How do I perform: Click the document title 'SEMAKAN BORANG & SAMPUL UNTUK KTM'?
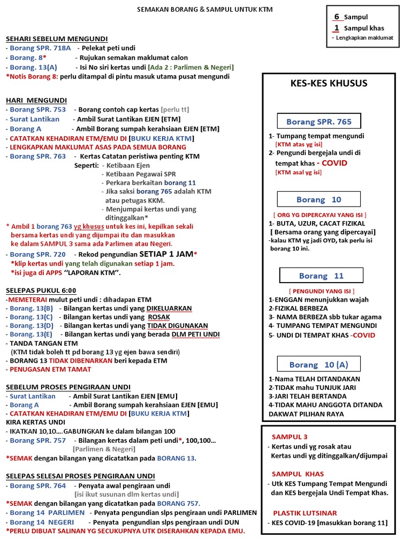coord(205,10)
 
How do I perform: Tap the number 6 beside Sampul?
coord(337,17)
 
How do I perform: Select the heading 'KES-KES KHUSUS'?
coord(329,83)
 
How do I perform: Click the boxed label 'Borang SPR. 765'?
coord(319,122)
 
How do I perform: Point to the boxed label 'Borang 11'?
coord(321,276)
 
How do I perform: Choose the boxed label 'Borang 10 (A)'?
coord(318,364)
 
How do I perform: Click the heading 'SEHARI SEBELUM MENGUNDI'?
coord(57,38)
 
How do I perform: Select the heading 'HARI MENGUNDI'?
coord(36,100)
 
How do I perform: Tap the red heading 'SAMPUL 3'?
coord(290,436)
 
